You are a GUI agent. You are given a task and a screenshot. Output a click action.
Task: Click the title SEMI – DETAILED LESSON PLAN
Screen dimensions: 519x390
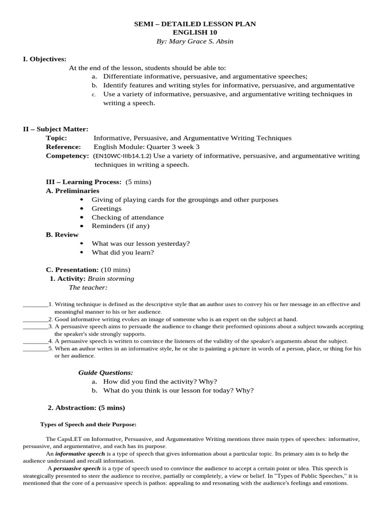click(195, 24)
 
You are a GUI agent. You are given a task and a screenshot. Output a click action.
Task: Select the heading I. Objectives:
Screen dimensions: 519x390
click(45, 59)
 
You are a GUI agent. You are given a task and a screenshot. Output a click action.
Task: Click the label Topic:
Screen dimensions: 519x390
click(56, 138)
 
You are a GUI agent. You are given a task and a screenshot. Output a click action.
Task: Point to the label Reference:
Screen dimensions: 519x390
click(63, 147)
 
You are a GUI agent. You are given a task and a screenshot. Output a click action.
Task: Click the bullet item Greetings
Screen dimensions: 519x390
click(107, 208)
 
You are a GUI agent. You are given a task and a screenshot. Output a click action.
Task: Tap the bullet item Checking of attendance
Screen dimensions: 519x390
click(127, 217)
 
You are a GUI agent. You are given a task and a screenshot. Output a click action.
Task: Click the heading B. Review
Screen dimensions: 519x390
click(62, 235)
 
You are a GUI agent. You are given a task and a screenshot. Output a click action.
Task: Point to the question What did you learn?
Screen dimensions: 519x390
click(122, 252)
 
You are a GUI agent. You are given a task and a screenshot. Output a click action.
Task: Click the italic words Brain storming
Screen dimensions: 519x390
click(111, 279)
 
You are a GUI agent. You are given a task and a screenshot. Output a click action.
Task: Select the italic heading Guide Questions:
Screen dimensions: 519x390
click(106, 373)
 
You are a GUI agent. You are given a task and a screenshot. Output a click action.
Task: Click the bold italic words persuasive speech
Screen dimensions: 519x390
click(77, 469)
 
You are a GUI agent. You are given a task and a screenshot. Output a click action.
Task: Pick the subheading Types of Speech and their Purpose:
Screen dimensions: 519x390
click(88, 424)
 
